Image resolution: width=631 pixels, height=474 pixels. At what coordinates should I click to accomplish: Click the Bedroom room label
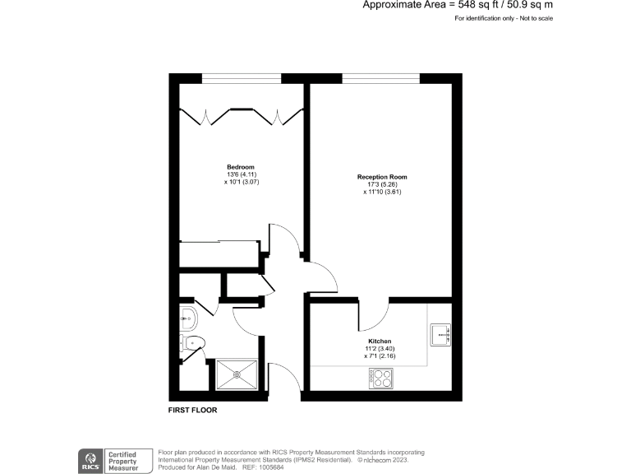click(x=241, y=167)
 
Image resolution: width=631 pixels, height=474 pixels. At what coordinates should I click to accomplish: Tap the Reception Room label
click(x=381, y=177)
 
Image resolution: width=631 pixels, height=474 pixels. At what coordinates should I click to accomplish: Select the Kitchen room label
click(x=380, y=341)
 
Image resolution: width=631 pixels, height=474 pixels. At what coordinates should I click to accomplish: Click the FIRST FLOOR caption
click(x=192, y=409)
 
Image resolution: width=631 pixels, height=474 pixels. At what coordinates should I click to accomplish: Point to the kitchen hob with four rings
click(x=381, y=378)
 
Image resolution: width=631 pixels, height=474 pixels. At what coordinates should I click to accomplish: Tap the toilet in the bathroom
click(x=192, y=343)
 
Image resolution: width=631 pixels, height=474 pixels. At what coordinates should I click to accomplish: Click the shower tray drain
click(x=237, y=373)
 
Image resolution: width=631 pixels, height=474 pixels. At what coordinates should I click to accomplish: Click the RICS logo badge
click(x=89, y=460)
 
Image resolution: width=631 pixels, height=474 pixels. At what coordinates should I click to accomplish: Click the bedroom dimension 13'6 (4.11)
click(x=241, y=174)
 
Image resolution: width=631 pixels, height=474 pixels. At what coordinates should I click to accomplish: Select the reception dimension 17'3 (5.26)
click(x=381, y=184)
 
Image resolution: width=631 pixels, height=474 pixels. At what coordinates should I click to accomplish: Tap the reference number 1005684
click(x=273, y=467)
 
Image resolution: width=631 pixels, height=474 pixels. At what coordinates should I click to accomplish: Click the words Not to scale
click(x=532, y=18)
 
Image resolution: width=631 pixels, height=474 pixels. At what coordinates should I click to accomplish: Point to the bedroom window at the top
click(x=242, y=80)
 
